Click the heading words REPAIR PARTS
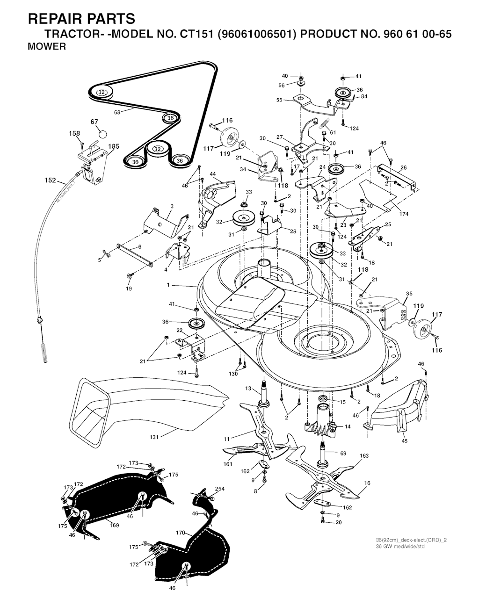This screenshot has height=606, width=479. [82, 19]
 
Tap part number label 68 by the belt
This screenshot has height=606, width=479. [117, 112]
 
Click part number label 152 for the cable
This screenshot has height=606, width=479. [50, 180]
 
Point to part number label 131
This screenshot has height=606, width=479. [153, 437]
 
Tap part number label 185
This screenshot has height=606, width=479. [114, 146]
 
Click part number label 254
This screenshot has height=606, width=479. [220, 489]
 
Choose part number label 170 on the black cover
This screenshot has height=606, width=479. [181, 533]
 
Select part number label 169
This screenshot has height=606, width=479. [114, 526]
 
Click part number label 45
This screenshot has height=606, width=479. [404, 440]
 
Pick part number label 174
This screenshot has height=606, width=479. [404, 214]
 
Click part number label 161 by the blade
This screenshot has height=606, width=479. [228, 464]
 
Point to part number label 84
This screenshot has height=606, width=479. [364, 97]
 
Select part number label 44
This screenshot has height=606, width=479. [212, 174]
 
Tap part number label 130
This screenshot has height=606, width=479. [233, 373]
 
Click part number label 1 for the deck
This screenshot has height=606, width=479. [168, 285]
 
